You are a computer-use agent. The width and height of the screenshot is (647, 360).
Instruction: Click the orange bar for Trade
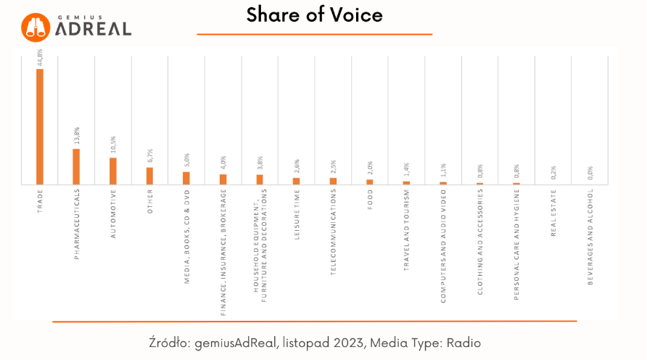(x=40, y=126)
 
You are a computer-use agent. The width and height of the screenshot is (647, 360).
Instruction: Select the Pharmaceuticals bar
(x=76, y=166)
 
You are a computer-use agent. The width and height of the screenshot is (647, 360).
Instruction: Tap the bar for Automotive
(x=113, y=171)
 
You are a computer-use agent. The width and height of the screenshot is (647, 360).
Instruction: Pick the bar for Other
(x=149, y=176)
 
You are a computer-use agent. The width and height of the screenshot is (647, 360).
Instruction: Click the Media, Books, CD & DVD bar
(x=186, y=178)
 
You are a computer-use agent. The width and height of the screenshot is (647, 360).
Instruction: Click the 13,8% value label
(x=77, y=136)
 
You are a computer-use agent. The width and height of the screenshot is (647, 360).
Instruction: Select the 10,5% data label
(x=113, y=146)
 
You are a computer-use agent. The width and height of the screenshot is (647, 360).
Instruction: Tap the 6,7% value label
(x=150, y=157)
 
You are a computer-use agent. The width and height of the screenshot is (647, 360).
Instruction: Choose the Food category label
(x=370, y=199)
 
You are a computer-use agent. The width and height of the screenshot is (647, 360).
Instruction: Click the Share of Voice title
(x=314, y=15)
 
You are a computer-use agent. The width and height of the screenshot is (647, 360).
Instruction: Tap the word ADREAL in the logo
(x=94, y=29)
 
